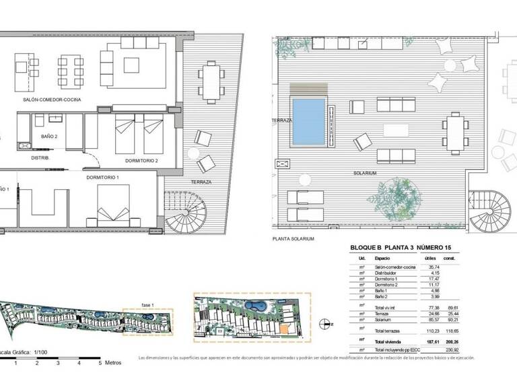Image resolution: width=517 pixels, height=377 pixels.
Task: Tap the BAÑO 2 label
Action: pyautogui.click(x=49, y=136)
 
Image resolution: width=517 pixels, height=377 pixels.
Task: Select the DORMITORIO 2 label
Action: pyautogui.click(x=141, y=161)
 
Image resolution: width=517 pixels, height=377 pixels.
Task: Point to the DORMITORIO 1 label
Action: pyautogui.click(x=102, y=177)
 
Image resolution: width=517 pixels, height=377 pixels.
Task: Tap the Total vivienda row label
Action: pyautogui.click(x=390, y=341)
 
